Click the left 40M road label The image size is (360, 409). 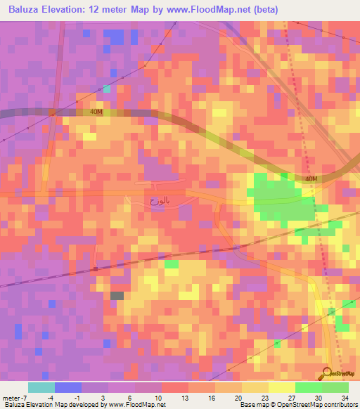pyautogui.click(x=96, y=112)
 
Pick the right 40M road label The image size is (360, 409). pyautogui.click(x=311, y=179)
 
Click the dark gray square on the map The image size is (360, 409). pyautogui.click(x=117, y=296)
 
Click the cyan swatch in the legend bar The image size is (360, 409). pyautogui.click(x=41, y=387)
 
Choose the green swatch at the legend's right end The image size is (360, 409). pyautogui.click(x=335, y=387)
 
